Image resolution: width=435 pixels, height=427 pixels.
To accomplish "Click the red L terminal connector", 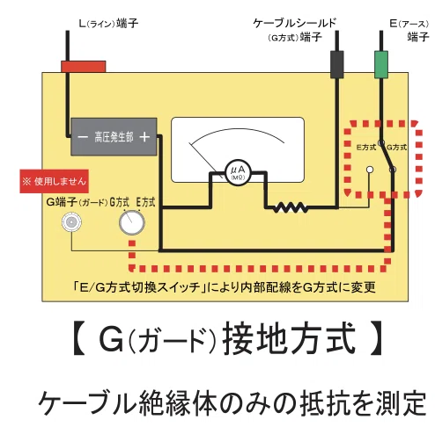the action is [x=83, y=67].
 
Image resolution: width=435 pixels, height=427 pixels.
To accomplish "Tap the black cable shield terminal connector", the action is [x=337, y=64].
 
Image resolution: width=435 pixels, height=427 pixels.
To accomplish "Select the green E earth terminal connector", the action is [x=381, y=64].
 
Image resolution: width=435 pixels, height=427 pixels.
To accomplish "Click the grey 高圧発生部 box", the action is [x=114, y=137].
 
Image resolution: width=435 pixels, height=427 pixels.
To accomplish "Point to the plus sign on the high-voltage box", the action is [x=144, y=137].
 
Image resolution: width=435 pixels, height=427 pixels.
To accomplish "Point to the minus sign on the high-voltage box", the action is [x=83, y=137].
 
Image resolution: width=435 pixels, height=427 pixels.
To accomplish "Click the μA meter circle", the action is [x=238, y=172].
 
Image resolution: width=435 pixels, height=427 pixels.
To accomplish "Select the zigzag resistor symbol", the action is [x=291, y=207].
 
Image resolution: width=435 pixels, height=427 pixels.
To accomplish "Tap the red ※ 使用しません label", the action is [x=54, y=181].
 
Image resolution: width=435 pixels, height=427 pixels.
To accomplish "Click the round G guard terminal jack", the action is [x=71, y=222].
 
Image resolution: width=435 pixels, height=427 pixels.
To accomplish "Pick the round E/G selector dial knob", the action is [x=132, y=222].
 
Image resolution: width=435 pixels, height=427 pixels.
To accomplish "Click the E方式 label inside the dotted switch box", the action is [x=366, y=147].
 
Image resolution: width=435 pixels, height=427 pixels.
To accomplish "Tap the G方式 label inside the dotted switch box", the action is [x=397, y=147].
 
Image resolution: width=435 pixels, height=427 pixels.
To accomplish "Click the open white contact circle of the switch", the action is [x=370, y=170].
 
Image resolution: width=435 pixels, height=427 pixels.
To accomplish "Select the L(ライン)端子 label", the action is [x=108, y=23].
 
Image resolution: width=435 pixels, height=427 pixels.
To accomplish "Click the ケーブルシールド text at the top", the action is [x=294, y=23].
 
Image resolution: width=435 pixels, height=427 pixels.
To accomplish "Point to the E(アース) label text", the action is [x=409, y=24].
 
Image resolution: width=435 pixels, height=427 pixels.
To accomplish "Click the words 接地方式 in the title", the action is [x=289, y=338].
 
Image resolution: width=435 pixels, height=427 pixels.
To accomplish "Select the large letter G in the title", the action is [x=111, y=339].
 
